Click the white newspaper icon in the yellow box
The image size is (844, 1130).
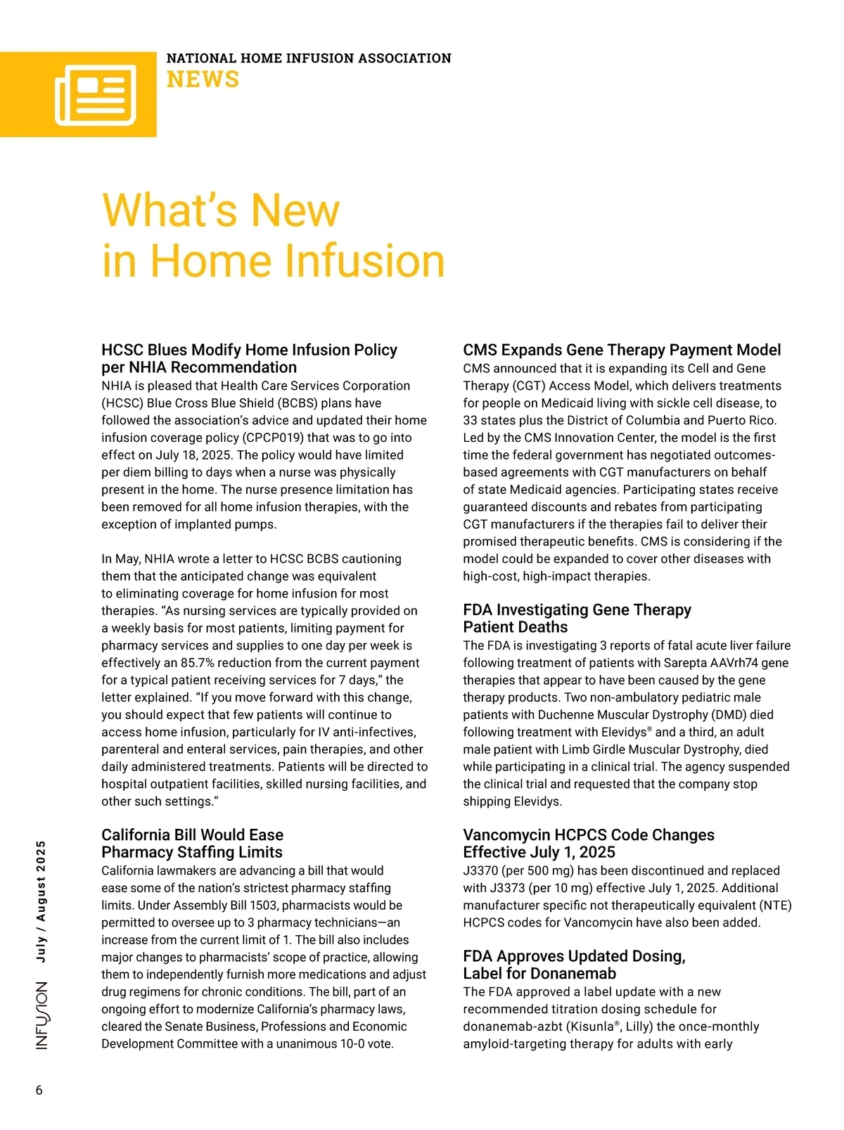[95, 95]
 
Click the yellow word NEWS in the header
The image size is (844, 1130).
[203, 80]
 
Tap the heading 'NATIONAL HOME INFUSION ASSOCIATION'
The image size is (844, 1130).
[309, 58]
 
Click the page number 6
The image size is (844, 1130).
[39, 1090]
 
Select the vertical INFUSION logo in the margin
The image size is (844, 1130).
[42, 1015]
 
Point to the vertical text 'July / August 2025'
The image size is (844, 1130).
[41, 901]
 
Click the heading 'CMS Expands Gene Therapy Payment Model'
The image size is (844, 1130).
[622, 350]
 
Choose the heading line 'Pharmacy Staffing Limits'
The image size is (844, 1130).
[192, 852]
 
